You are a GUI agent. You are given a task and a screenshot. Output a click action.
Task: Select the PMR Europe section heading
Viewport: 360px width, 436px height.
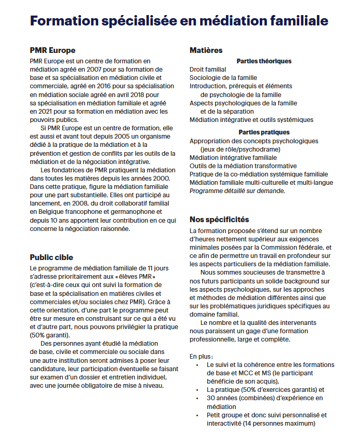[52, 50]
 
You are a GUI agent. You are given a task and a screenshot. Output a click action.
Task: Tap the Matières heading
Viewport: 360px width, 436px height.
[206, 50]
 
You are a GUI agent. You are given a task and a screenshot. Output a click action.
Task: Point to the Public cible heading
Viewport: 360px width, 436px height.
[51, 257]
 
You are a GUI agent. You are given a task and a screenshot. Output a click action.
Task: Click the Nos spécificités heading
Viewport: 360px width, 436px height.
[219, 220]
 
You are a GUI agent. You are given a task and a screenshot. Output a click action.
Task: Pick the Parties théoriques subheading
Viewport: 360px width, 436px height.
[264, 61]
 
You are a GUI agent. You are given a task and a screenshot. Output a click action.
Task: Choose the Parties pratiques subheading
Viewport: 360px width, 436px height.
[264, 132]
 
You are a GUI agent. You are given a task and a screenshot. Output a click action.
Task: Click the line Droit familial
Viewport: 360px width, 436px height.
[208, 69]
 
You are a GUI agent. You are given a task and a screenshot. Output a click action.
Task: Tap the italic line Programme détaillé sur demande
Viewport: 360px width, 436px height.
[237, 190]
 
